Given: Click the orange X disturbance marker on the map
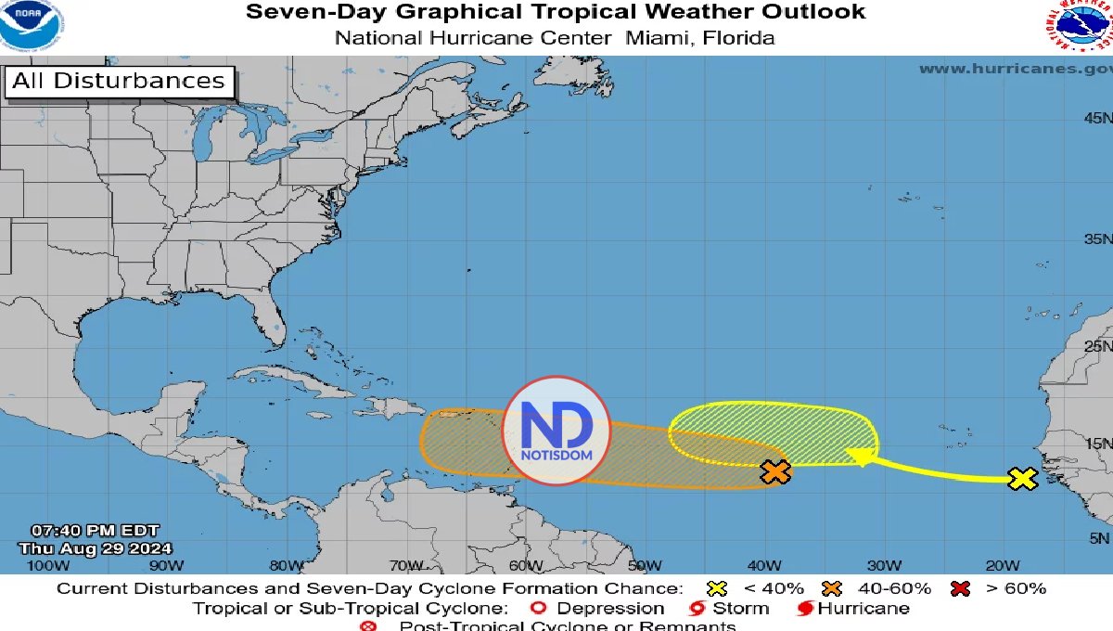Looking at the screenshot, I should click(x=774, y=472).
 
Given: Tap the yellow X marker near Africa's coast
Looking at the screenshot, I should click(x=1021, y=479).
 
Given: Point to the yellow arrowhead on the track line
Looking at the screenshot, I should click(x=862, y=456).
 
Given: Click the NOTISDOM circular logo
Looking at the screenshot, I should click(x=556, y=431).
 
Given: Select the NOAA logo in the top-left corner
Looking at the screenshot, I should click(x=31, y=26).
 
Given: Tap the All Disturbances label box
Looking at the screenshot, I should click(x=119, y=82).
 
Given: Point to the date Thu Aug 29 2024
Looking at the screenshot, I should click(x=95, y=548).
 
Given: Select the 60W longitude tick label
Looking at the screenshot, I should click(x=525, y=566).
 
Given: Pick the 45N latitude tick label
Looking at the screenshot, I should click(x=1097, y=118).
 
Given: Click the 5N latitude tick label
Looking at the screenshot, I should click(x=1100, y=538).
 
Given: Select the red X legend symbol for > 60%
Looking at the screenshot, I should click(x=962, y=588).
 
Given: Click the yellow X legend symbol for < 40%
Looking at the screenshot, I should click(x=715, y=588).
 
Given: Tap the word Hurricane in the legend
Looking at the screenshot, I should click(x=865, y=609).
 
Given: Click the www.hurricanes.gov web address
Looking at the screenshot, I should click(x=1015, y=69).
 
